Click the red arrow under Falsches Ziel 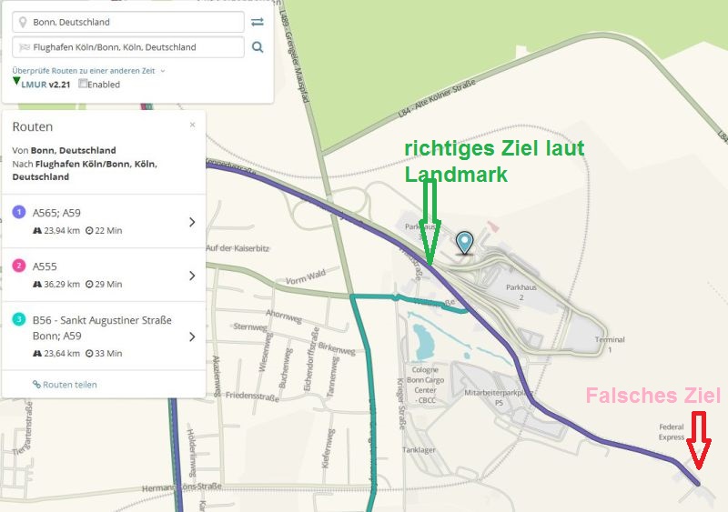click(x=699, y=441)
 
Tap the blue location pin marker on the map click(x=466, y=242)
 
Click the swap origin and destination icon click(x=258, y=22)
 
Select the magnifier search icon click(x=258, y=47)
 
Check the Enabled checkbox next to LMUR click(x=84, y=85)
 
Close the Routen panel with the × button click(x=192, y=125)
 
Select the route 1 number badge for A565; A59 click(x=19, y=213)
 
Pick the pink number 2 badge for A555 click(x=19, y=266)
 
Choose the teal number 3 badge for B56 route click(x=19, y=319)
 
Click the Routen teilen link click(x=65, y=385)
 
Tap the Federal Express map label click(x=671, y=431)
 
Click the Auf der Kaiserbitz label click(x=238, y=248)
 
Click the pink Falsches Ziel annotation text click(x=652, y=396)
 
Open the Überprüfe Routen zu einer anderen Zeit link click(x=86, y=70)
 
